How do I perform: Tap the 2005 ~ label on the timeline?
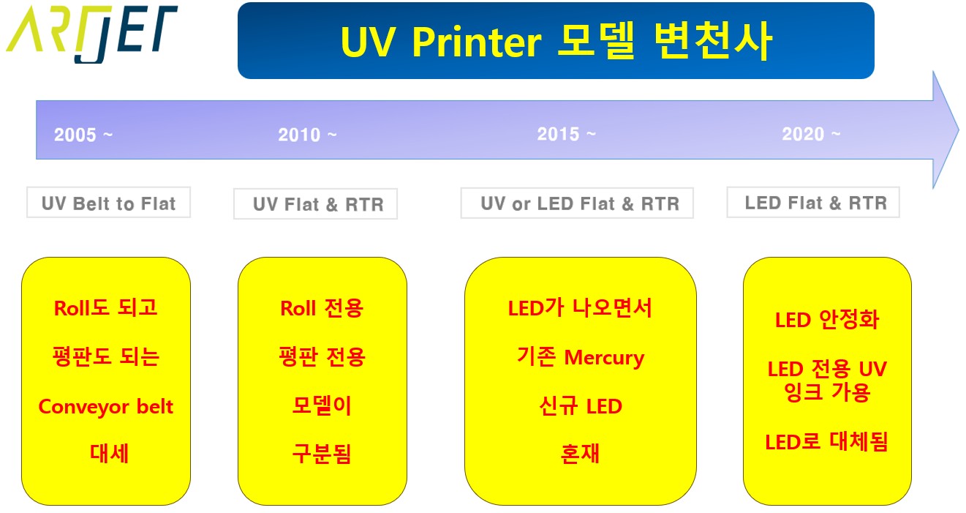click(83, 135)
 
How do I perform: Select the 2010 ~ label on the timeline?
click(307, 135)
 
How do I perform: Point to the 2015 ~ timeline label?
click(566, 135)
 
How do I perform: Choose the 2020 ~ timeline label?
click(811, 135)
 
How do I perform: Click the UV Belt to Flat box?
click(108, 203)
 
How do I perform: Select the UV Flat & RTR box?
click(315, 205)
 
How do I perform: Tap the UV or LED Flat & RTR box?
click(577, 203)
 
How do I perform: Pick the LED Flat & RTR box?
click(812, 203)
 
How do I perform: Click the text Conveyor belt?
click(106, 406)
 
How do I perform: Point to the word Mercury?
click(604, 358)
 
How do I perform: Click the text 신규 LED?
click(580, 406)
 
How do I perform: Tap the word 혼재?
click(580, 454)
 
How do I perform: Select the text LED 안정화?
click(826, 320)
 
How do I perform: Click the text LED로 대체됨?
click(826, 442)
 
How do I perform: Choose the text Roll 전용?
click(322, 308)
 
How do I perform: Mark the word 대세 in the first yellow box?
click(110, 454)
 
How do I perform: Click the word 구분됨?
click(322, 454)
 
